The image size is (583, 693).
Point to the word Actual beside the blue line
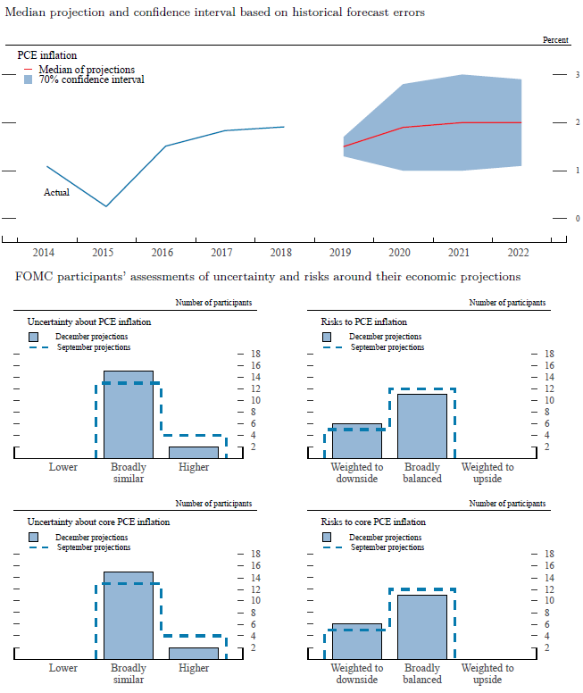click(x=56, y=192)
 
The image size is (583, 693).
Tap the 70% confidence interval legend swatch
click(x=29, y=79)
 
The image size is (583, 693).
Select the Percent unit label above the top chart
click(x=555, y=40)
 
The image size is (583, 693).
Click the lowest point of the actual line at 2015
click(x=107, y=206)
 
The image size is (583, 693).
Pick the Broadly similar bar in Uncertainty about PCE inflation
click(x=129, y=414)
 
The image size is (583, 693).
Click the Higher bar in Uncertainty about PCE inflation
click(x=194, y=452)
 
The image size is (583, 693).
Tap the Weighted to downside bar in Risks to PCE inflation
click(x=357, y=440)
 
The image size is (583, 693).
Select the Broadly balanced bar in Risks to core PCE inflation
click(x=422, y=626)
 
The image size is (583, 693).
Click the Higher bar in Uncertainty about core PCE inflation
click(x=194, y=653)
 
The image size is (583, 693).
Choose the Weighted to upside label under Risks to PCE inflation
click(x=487, y=472)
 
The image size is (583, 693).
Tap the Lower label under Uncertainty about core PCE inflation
click(x=63, y=667)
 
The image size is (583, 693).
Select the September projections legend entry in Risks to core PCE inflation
click(x=387, y=547)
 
